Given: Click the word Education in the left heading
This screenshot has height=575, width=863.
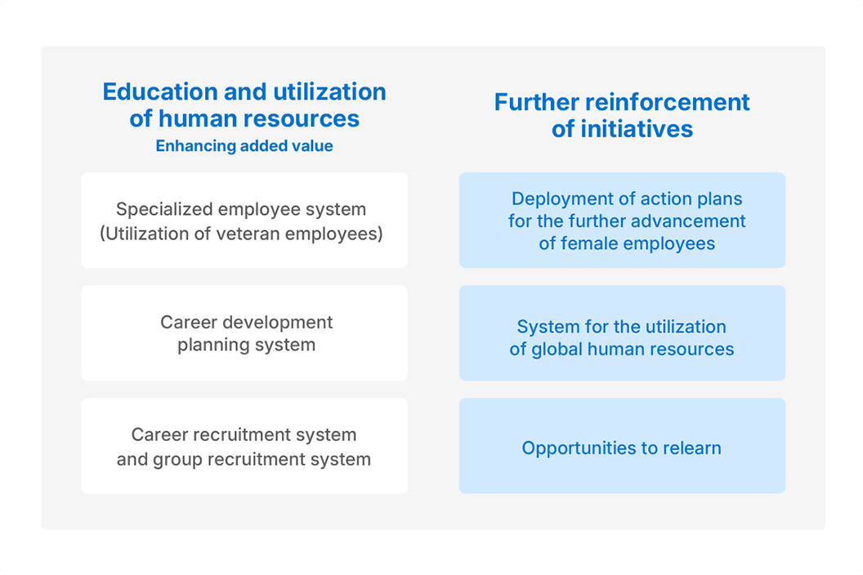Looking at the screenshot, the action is coord(159,92).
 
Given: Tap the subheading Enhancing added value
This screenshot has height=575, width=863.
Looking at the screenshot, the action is coord(244,146).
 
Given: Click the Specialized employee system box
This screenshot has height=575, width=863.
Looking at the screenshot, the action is coord(244,220).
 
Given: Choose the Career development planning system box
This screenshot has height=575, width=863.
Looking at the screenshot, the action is coord(244,333).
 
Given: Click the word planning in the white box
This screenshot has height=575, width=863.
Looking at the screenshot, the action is coord(209,345).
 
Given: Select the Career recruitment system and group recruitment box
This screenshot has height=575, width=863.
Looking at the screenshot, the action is coord(244,446).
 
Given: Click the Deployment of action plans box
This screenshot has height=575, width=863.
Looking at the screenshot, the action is coord(622,220).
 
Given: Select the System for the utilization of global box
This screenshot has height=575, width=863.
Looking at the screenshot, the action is coord(622,333).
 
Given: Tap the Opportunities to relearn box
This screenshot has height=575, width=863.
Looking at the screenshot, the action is coord(622,446).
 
